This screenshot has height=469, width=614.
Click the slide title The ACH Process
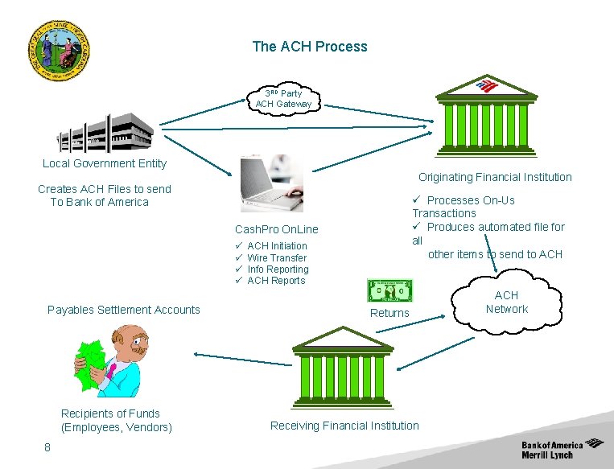(x=309, y=47)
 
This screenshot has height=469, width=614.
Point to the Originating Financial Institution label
(x=494, y=177)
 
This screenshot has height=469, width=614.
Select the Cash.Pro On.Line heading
(x=276, y=229)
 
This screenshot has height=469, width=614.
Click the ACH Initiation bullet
(x=277, y=246)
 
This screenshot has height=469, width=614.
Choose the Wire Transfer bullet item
(x=276, y=258)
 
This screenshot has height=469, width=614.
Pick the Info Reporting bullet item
(x=278, y=269)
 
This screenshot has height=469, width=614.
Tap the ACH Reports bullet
(x=276, y=281)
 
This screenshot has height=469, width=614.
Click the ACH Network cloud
(x=506, y=302)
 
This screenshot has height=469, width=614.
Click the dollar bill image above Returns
(x=389, y=290)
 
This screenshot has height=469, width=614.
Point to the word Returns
(x=389, y=313)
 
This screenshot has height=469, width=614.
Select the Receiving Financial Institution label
(x=344, y=426)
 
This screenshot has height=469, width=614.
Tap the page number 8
(x=47, y=448)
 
